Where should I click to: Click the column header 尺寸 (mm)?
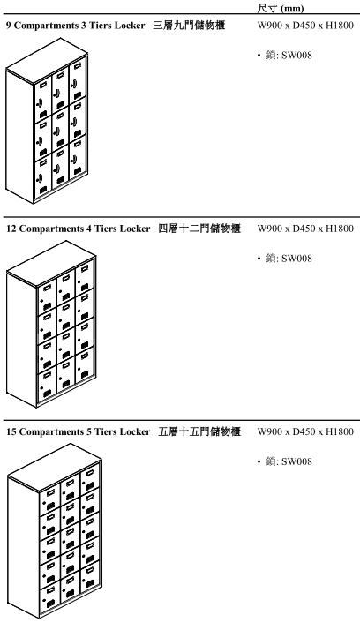pyautogui.click(x=281, y=8)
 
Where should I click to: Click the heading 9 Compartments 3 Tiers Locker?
pyautogui.click(x=76, y=26)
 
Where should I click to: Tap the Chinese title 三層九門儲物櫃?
pyautogui.click(x=189, y=26)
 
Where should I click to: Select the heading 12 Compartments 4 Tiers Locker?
pyautogui.click(x=78, y=229)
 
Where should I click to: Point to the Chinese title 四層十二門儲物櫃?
pyautogui.click(x=199, y=229)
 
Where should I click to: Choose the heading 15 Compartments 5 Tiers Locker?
pyautogui.click(x=78, y=432)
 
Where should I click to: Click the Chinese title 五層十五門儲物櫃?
pyautogui.click(x=199, y=432)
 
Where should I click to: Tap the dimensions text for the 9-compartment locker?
pyautogui.click(x=306, y=26)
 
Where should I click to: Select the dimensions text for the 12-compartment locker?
pyautogui.click(x=306, y=229)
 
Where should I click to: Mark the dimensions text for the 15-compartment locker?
pyautogui.click(x=306, y=432)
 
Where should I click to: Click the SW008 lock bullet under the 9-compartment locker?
pyautogui.click(x=285, y=56)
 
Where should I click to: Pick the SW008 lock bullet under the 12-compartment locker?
pyautogui.click(x=285, y=259)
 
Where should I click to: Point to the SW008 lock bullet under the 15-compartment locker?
pyautogui.click(x=285, y=461)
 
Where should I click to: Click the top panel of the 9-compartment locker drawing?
pyautogui.click(x=47, y=60)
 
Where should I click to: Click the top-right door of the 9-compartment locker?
pyautogui.click(x=78, y=79)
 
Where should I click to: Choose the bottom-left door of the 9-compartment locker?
pyautogui.click(x=43, y=177)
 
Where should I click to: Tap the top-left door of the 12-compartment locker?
pyautogui.click(x=47, y=296)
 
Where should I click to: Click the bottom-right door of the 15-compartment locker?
pyautogui.click(x=90, y=576)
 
